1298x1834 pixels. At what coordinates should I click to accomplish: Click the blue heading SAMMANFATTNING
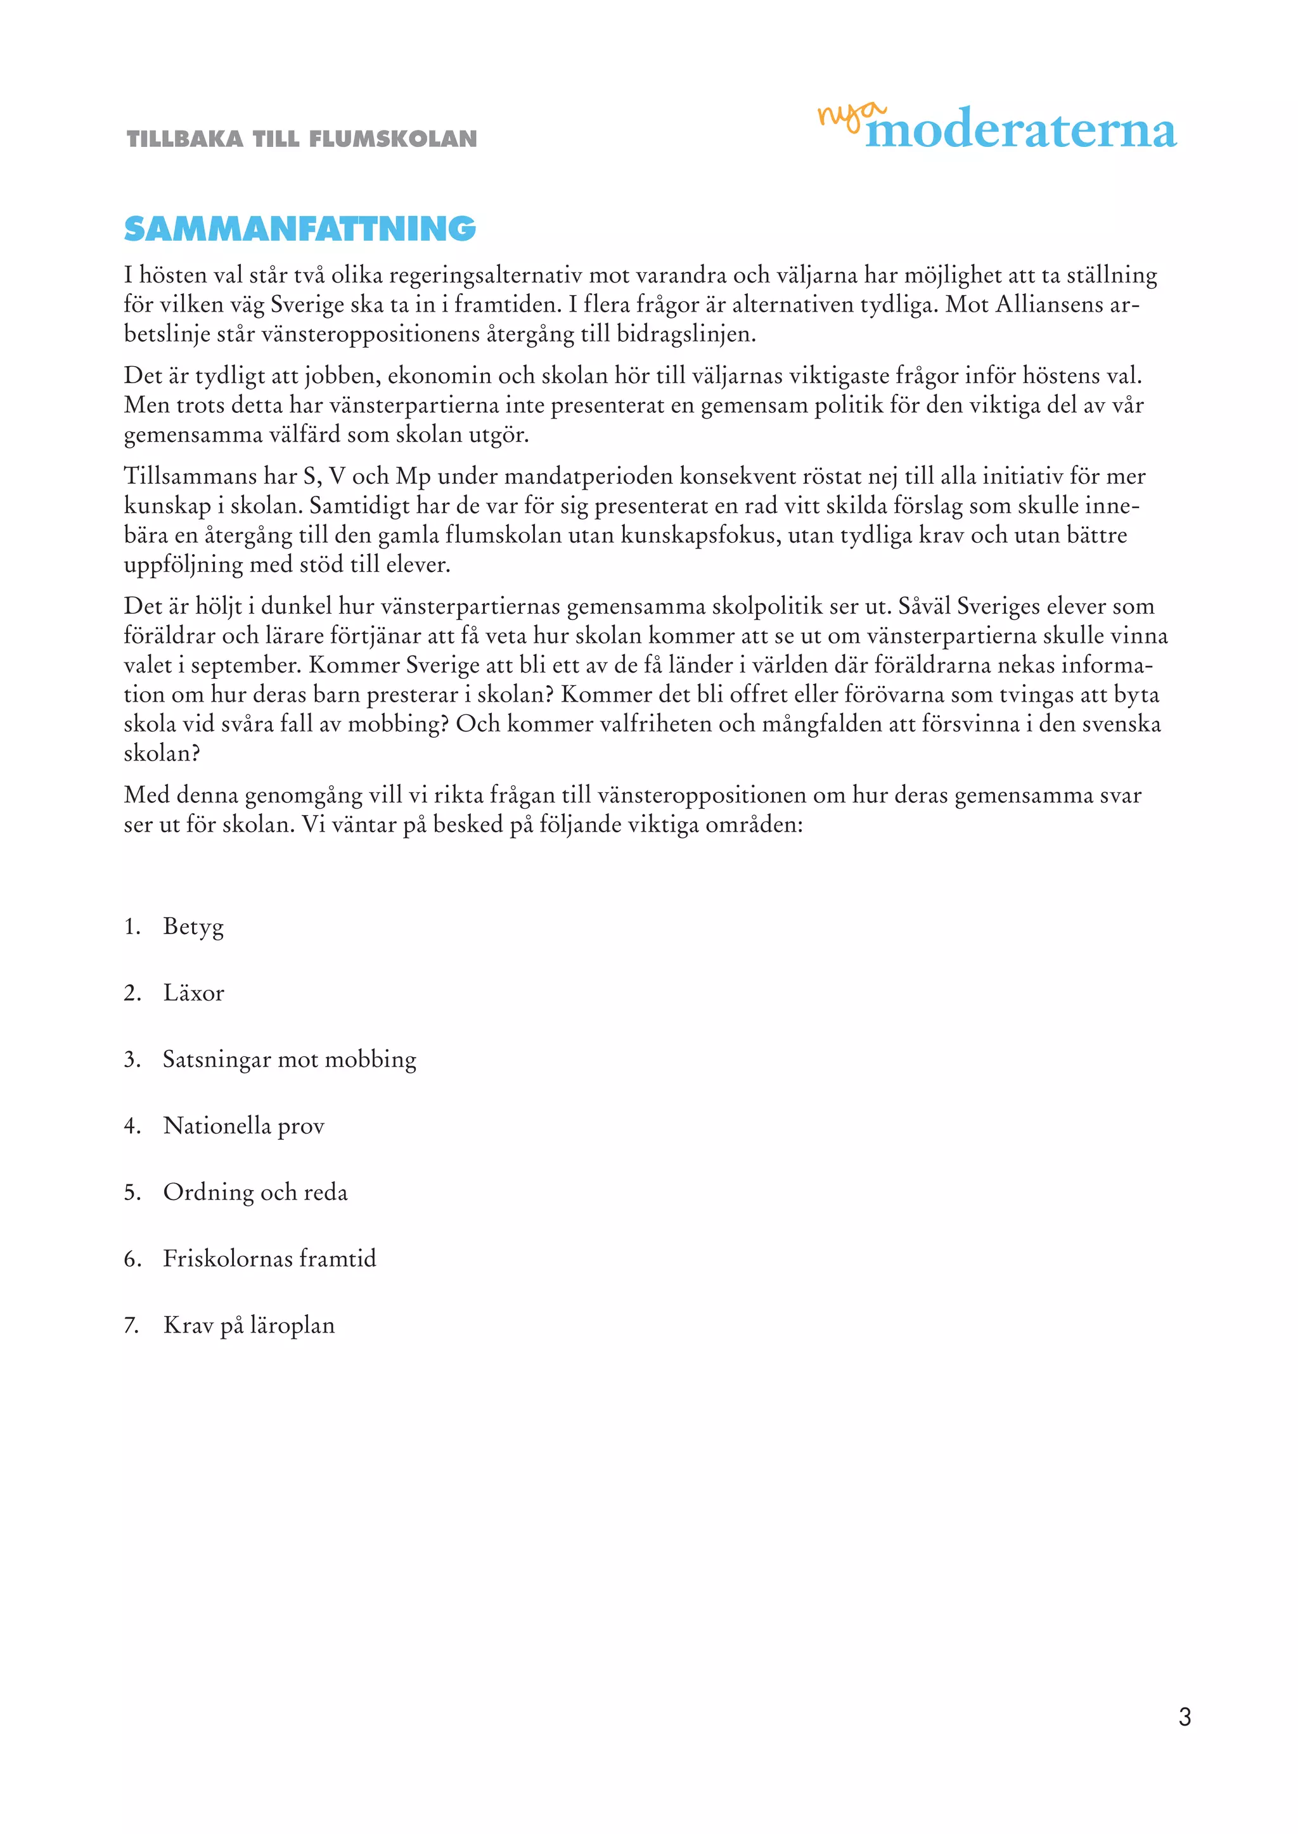click(x=300, y=229)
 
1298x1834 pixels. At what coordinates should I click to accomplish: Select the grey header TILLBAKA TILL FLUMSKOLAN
click(x=301, y=139)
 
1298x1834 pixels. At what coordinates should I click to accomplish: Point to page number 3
click(x=1185, y=1716)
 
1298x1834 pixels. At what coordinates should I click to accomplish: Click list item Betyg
click(x=193, y=926)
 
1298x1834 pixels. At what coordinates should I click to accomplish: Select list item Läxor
click(x=193, y=993)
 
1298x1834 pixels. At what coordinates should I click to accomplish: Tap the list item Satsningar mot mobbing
click(x=290, y=1059)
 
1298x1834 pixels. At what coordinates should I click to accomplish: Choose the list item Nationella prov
click(x=244, y=1125)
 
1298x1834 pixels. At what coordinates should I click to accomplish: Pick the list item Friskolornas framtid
click(x=269, y=1258)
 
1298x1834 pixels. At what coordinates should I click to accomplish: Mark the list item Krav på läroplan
click(x=248, y=1324)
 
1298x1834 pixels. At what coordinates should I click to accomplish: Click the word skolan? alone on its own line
click(x=162, y=753)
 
